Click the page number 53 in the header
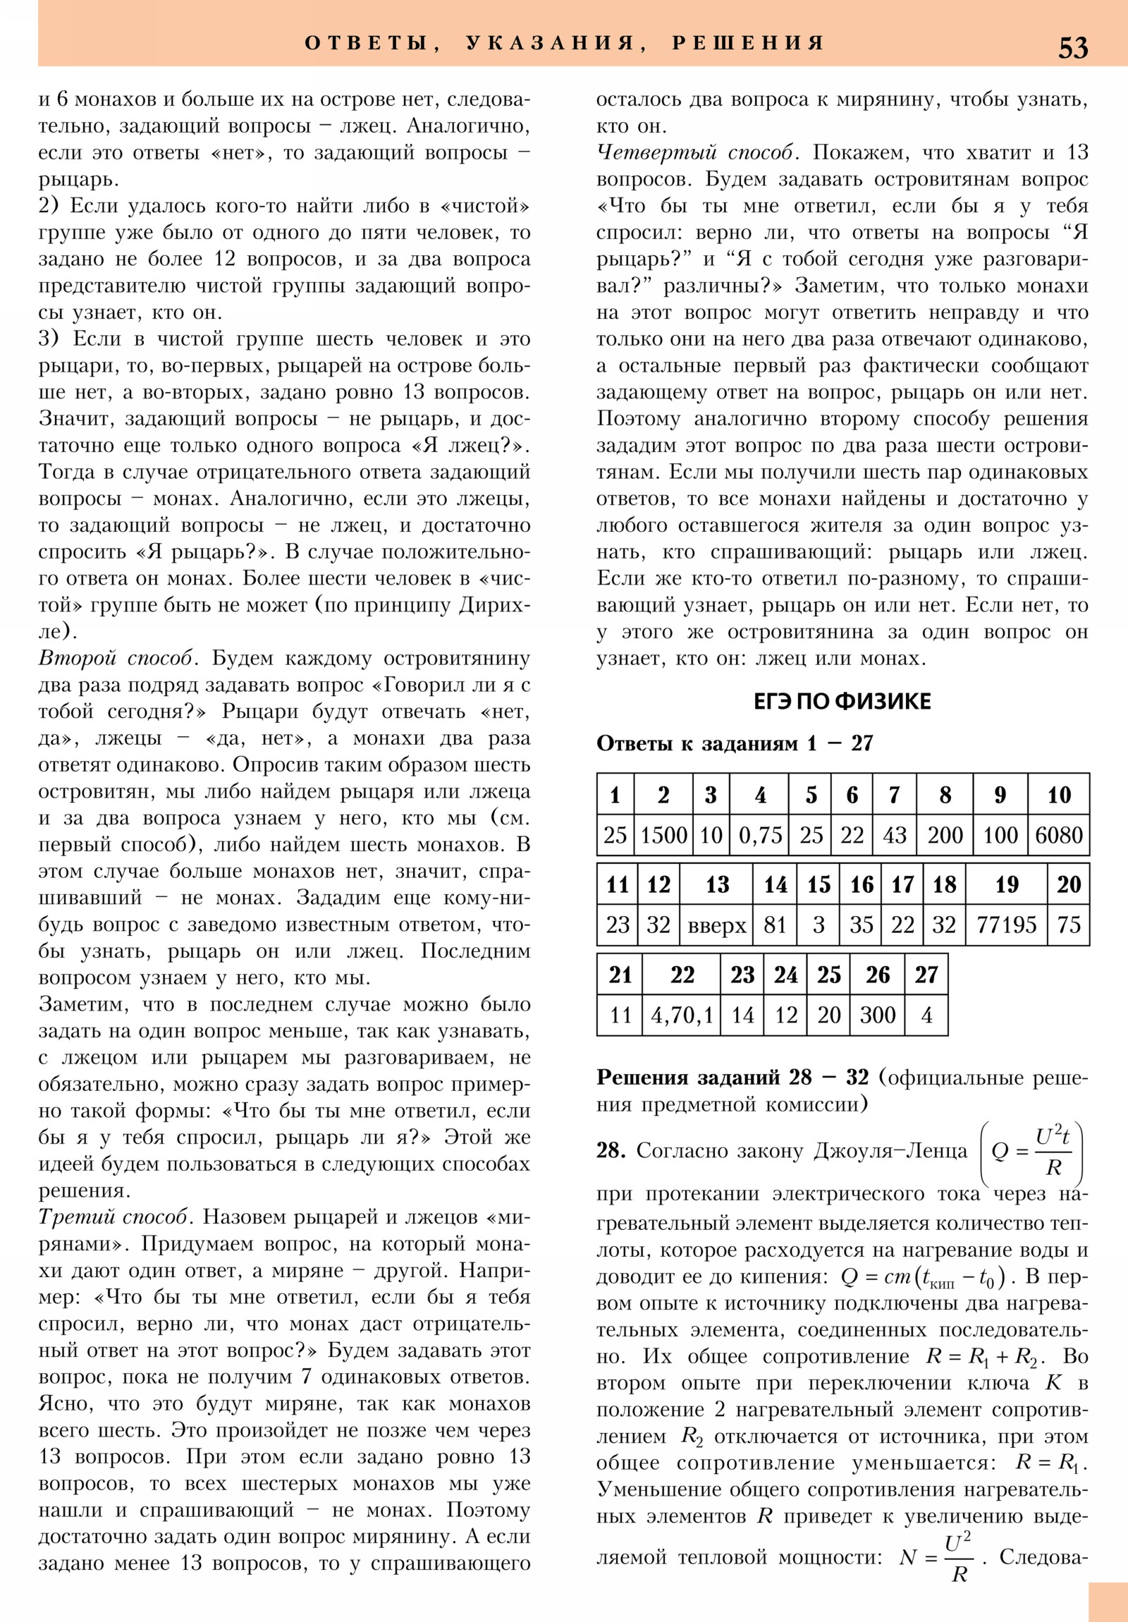point(1073,48)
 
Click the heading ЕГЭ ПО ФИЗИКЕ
point(842,702)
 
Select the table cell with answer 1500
point(663,835)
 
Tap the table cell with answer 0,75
point(759,835)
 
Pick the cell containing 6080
point(1058,835)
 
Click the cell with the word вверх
point(717,925)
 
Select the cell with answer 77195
point(1006,925)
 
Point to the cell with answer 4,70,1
point(682,1016)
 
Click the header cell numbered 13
point(717,884)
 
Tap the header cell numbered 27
point(926,975)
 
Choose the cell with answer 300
point(877,1016)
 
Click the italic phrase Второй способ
point(115,659)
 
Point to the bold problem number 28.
point(611,1150)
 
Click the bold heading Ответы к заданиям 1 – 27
point(735,743)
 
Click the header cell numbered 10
point(1058,795)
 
